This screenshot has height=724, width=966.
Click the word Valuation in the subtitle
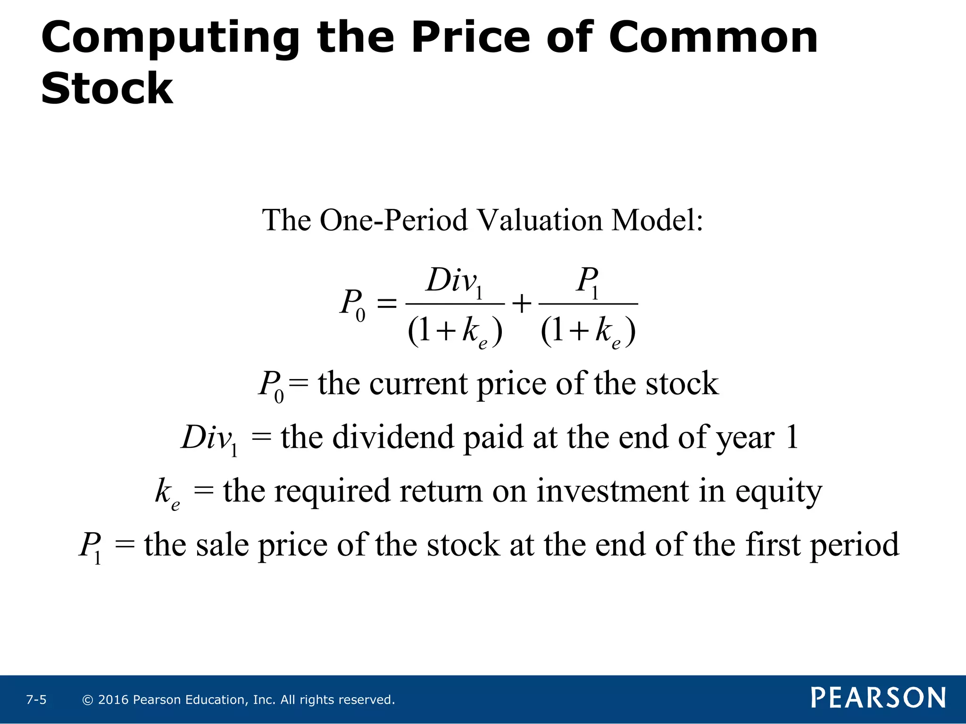point(539,220)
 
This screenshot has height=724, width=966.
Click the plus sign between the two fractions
point(522,304)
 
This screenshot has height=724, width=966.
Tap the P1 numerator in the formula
point(588,282)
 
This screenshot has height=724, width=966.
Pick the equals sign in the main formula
point(387,304)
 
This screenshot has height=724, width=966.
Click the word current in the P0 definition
point(418,384)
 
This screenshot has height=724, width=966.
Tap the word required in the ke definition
point(332,492)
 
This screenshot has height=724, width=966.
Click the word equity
point(779,492)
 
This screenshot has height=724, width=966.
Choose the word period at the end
point(854,545)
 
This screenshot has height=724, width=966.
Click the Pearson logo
point(878,698)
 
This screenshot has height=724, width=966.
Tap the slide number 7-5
point(36,700)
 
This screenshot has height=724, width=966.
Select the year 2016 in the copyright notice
point(113,700)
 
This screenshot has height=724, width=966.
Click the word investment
point(613,491)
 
